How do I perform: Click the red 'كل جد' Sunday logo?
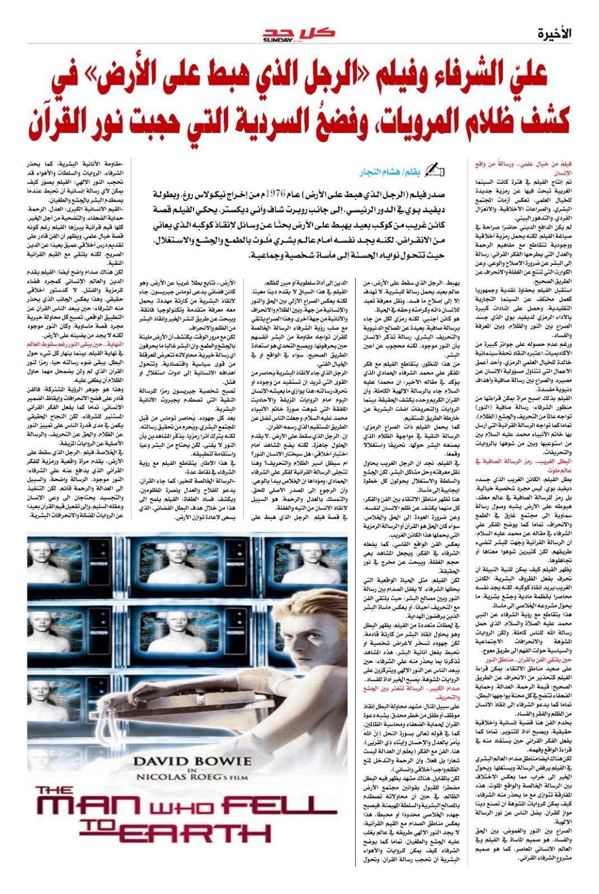click(299, 35)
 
